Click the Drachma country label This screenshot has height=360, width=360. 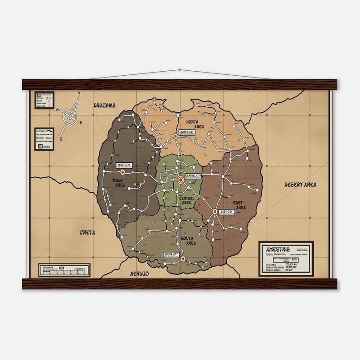coord(104,106)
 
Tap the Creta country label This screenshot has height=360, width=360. coord(88,233)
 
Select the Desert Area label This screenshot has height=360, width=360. coord(300,185)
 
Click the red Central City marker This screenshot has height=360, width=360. coord(180,180)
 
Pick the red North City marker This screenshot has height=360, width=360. coord(175,136)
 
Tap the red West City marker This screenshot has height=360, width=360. coord(122,172)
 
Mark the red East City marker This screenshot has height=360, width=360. coord(215,211)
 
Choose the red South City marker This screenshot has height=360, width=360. coord(183,259)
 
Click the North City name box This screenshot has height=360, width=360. coord(186,132)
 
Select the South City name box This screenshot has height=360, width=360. coord(171,255)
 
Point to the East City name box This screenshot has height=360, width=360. coord(226,212)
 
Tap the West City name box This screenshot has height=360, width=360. coord(123,165)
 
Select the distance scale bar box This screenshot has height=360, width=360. coord(64,270)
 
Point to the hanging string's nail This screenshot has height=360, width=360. coord(180,70)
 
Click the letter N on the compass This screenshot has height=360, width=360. coord(79,93)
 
